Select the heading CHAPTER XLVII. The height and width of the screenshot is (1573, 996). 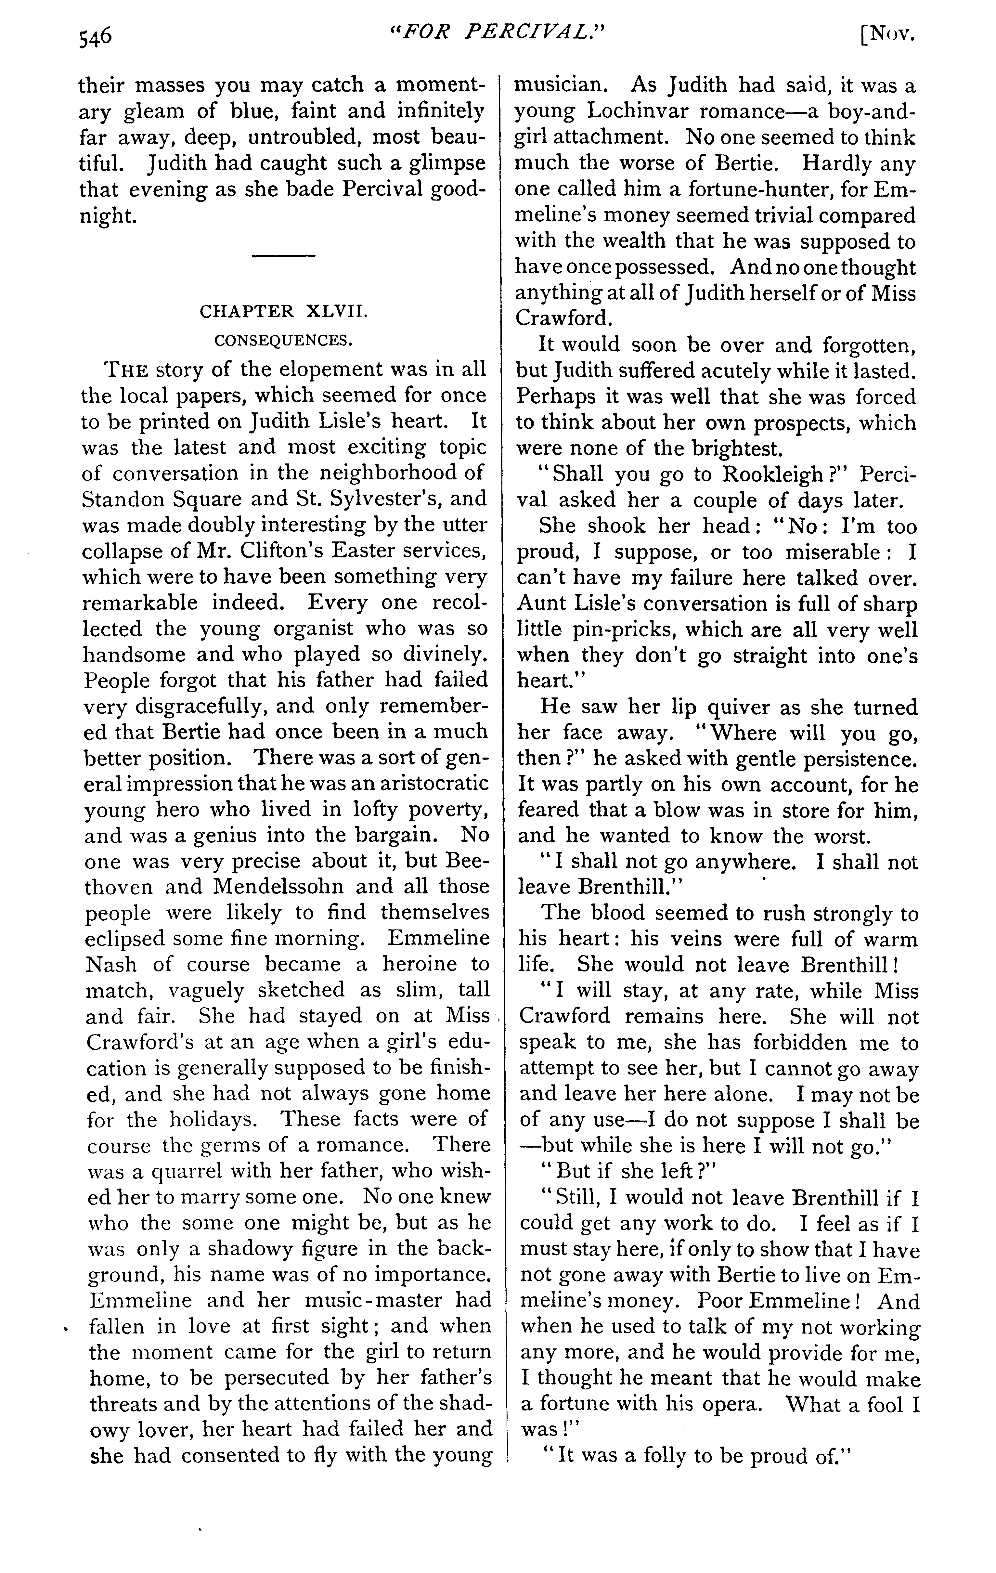click(283, 312)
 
